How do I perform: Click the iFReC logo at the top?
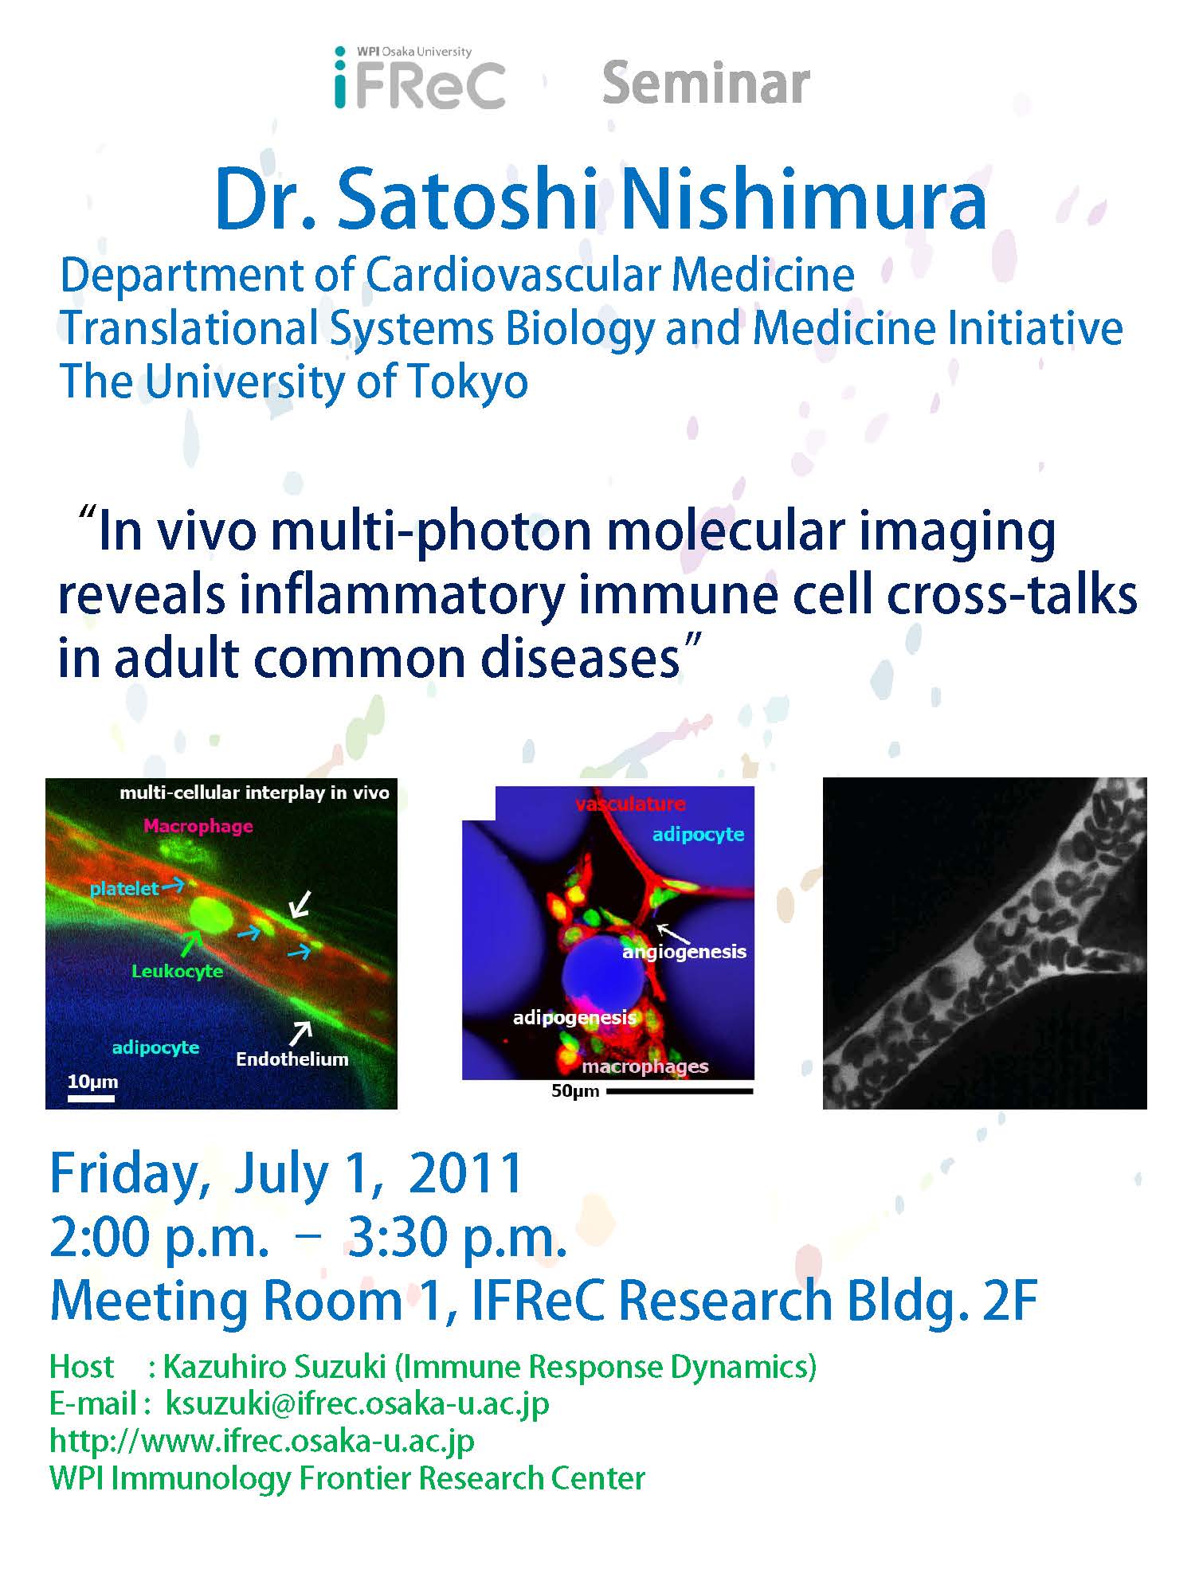point(420,77)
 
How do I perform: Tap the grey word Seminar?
point(706,84)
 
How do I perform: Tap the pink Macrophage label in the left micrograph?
point(198,826)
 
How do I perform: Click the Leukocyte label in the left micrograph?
point(178,971)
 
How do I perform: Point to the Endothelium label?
point(292,1059)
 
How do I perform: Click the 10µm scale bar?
point(91,1098)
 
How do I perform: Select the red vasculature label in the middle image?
point(630,804)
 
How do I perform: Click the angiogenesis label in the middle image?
point(684,952)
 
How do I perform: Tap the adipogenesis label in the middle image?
point(574,1017)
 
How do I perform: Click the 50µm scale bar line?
point(680,1091)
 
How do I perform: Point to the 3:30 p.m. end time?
point(457,1239)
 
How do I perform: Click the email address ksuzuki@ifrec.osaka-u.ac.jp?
point(357,1404)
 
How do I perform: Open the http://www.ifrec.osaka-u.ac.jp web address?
point(262,1441)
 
